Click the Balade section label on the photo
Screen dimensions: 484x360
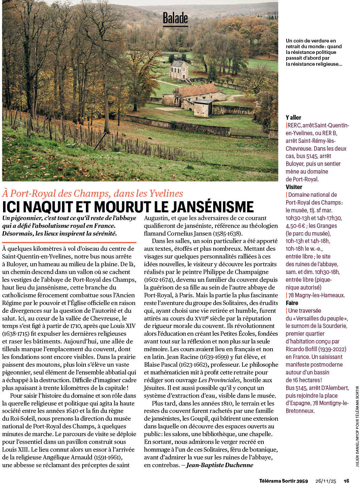coord(175,19)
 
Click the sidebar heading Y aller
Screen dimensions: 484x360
coord(293,118)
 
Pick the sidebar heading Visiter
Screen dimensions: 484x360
coord(294,187)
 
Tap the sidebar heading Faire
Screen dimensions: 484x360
coord(292,303)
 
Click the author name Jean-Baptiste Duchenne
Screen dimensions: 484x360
coord(220,465)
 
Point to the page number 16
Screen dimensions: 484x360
coord(347,481)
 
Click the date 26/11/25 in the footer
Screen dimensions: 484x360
coord(326,481)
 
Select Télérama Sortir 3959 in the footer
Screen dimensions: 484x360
coord(283,481)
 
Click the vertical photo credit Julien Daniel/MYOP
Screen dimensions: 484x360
coord(357,426)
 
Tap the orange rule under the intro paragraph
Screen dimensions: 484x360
coord(69,242)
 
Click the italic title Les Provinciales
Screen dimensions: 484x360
coord(219,380)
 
